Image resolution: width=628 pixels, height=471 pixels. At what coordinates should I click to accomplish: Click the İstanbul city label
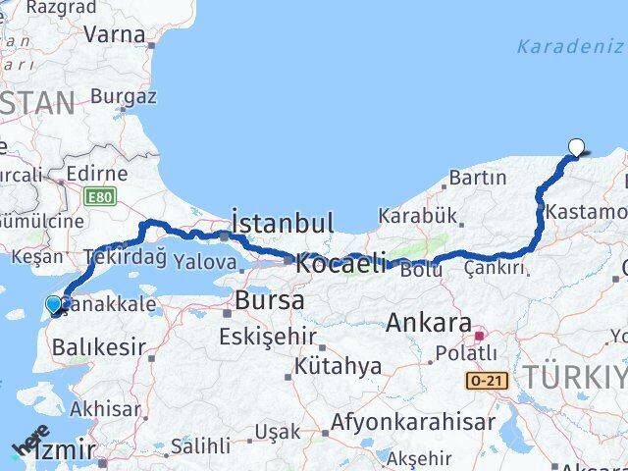(x=283, y=221)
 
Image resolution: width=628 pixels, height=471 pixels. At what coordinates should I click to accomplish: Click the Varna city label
(x=115, y=34)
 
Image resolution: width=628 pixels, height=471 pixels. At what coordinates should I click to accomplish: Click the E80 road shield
(x=98, y=197)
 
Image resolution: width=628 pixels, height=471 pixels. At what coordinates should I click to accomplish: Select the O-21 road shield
(x=487, y=379)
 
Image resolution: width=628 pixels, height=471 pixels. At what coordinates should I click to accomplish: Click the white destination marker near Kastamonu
(x=576, y=148)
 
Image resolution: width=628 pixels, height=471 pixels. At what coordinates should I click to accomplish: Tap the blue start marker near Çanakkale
(x=54, y=306)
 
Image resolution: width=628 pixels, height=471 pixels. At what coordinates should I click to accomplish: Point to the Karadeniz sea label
(x=568, y=46)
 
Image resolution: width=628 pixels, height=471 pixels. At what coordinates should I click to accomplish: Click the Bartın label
(x=478, y=178)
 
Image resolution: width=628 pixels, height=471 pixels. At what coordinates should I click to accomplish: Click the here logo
(x=29, y=443)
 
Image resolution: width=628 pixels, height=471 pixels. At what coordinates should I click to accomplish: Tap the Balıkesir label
(x=98, y=345)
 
